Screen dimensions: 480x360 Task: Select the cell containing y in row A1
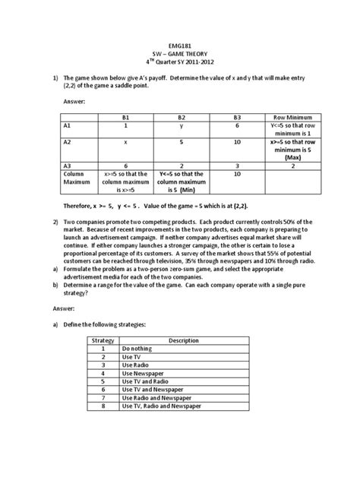pyautogui.click(x=182, y=127)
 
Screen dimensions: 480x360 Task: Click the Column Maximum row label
pyautogui.click(x=73, y=177)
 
